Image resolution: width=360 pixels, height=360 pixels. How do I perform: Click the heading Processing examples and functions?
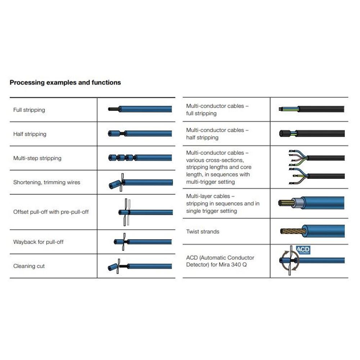(x=65, y=82)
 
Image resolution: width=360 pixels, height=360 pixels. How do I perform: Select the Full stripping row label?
(x=29, y=110)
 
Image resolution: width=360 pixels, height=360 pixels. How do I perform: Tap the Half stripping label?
(x=30, y=134)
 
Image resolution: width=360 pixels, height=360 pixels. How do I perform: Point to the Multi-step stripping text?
(x=37, y=158)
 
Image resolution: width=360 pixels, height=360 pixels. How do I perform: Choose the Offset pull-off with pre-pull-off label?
(x=51, y=212)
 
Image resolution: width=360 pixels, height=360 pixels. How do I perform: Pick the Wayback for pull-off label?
(x=39, y=242)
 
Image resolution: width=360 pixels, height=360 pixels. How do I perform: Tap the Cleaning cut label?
(x=29, y=266)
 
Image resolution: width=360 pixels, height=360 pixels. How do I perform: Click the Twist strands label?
(x=203, y=231)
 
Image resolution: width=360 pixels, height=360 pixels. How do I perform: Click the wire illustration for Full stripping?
(x=140, y=109)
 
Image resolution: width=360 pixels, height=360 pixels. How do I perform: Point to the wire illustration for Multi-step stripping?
(x=140, y=158)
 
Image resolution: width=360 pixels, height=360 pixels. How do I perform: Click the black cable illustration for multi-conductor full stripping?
(x=312, y=109)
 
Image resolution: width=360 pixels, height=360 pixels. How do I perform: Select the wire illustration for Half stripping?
(x=140, y=134)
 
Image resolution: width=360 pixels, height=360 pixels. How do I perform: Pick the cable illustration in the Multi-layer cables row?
(x=312, y=203)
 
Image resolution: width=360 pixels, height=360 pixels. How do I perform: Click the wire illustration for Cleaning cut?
(x=140, y=267)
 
